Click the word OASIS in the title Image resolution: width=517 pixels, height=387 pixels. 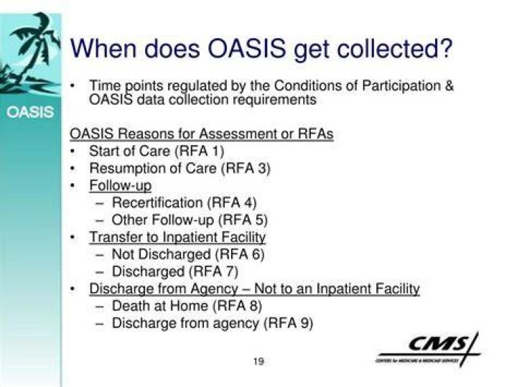246,48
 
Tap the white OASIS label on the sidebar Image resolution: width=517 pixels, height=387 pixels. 30,112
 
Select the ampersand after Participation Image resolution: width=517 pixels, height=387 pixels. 449,85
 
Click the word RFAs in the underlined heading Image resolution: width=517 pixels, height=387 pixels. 315,134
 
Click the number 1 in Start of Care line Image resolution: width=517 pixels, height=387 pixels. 215,151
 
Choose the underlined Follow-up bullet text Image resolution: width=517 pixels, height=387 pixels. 121,185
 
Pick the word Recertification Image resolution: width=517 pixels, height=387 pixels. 157,202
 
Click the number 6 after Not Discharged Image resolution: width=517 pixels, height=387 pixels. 257,254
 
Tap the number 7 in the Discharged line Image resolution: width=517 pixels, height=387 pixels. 230,271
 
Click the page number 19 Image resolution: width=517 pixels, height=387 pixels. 258,361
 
